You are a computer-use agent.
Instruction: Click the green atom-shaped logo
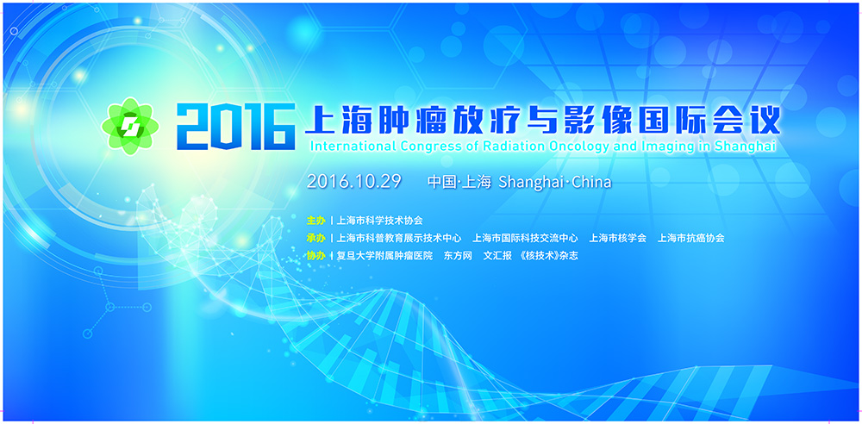point(130,126)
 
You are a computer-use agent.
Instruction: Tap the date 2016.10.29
point(354,182)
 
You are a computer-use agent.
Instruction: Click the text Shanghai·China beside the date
point(554,182)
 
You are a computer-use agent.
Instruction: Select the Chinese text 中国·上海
point(459,182)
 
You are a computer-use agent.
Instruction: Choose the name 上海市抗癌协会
point(691,238)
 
